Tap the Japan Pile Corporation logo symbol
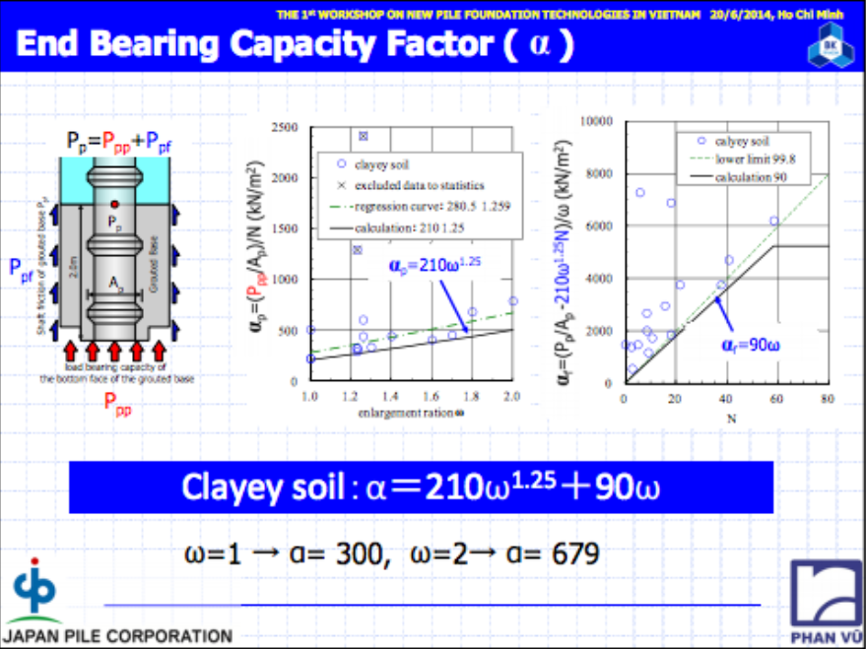[x=35, y=588]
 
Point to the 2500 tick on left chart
[x=284, y=128]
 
